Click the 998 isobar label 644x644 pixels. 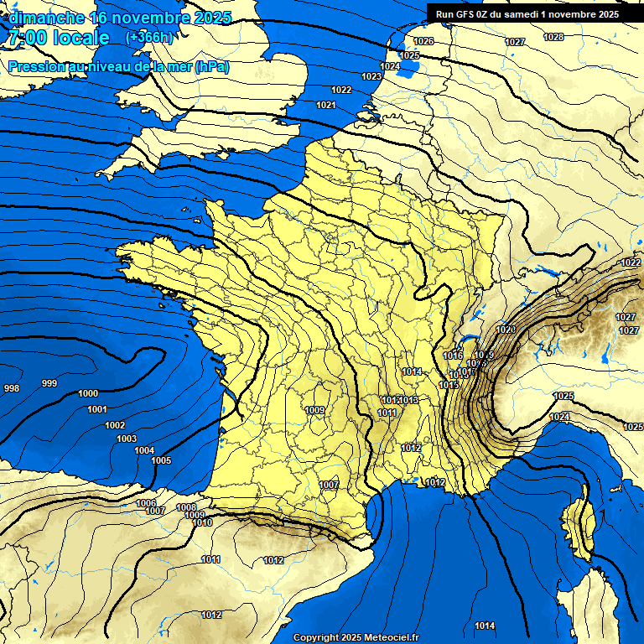(x=12, y=388)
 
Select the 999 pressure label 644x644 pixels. (x=49, y=383)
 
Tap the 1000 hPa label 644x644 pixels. (x=87, y=393)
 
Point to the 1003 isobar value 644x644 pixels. (x=127, y=439)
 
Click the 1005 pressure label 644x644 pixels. (x=161, y=460)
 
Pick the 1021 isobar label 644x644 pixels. (x=326, y=105)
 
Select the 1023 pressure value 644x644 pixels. (x=371, y=76)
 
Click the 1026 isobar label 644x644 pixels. (x=423, y=41)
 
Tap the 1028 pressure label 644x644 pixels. (x=553, y=37)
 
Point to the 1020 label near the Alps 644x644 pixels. (x=506, y=330)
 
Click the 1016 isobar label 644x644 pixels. (x=453, y=356)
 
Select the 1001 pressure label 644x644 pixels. (x=97, y=409)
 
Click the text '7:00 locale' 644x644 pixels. (x=58, y=38)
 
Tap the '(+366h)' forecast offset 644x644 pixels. (x=148, y=38)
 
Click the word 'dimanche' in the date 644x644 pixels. (x=47, y=16)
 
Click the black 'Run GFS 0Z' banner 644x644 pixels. (x=527, y=13)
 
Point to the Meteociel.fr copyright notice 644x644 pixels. (x=356, y=637)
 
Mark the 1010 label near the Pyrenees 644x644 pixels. (x=202, y=522)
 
